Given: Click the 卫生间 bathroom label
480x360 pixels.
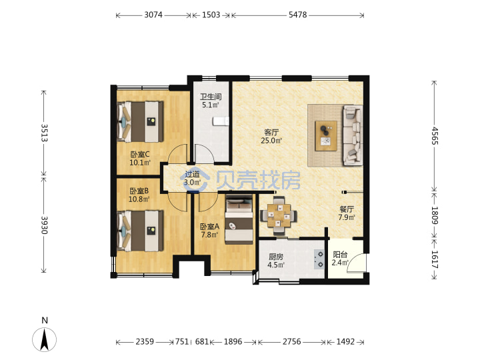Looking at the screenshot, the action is point(211,97).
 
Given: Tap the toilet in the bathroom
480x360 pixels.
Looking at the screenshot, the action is point(221,121).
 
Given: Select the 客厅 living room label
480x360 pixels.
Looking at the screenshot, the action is point(271,133).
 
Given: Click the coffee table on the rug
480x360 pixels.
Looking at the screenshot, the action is point(326,135).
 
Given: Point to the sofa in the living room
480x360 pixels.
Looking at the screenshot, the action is point(353,135).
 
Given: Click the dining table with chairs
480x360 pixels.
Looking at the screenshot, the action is point(279,216).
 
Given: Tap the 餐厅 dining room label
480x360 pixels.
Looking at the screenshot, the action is point(347,209).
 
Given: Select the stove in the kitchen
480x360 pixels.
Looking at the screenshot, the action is point(319,259).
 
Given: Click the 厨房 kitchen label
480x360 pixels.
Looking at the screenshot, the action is point(276,257).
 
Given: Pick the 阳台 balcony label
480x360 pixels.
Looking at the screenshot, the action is point(340,255).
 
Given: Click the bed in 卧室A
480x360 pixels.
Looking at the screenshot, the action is point(239,219).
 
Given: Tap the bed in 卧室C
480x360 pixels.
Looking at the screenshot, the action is point(140,121).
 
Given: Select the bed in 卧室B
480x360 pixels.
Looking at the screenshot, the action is point(140,231).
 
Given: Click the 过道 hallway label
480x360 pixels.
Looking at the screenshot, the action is point(192,175).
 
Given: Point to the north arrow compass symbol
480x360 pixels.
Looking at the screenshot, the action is point(45,339).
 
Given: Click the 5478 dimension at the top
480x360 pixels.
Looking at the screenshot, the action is point(297,15).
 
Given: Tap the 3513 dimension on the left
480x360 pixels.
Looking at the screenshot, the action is point(45,133).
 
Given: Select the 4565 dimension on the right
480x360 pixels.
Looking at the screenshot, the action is point(435,136).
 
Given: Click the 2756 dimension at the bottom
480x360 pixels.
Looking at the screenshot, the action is point(291,341).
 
